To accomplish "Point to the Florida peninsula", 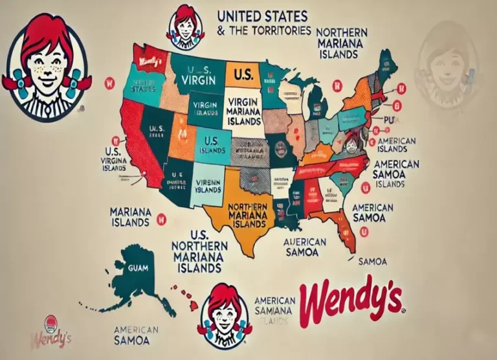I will pos(346,233).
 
